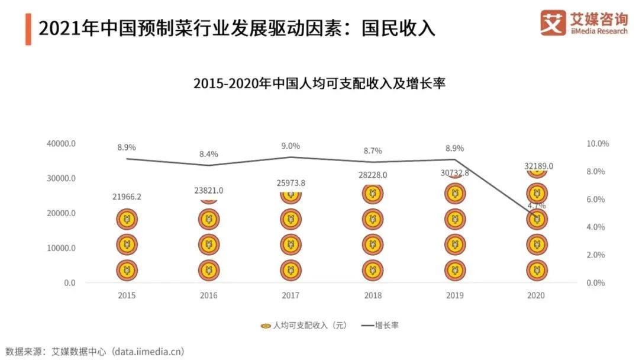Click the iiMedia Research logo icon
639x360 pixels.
[x=553, y=23]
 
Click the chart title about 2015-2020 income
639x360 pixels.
[x=319, y=83]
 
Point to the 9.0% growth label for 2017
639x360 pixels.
[x=291, y=146]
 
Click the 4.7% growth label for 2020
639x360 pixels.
[x=537, y=205]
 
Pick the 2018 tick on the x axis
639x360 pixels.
[x=373, y=295]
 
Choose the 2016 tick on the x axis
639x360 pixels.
[x=208, y=295]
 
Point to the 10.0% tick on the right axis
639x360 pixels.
[x=598, y=144]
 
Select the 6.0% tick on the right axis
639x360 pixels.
[x=596, y=200]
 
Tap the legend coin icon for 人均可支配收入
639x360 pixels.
[x=266, y=325]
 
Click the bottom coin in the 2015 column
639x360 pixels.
[x=126, y=270]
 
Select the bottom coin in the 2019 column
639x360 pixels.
[x=454, y=270]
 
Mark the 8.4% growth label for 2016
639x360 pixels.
[x=208, y=154]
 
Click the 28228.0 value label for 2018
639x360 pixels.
[x=373, y=175]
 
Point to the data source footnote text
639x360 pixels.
[x=95, y=351]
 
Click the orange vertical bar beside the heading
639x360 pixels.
[x=28, y=28]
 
